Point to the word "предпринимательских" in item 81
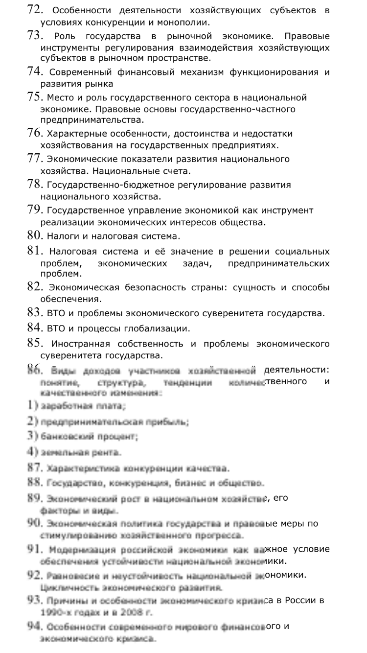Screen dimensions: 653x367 coord(278,264)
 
